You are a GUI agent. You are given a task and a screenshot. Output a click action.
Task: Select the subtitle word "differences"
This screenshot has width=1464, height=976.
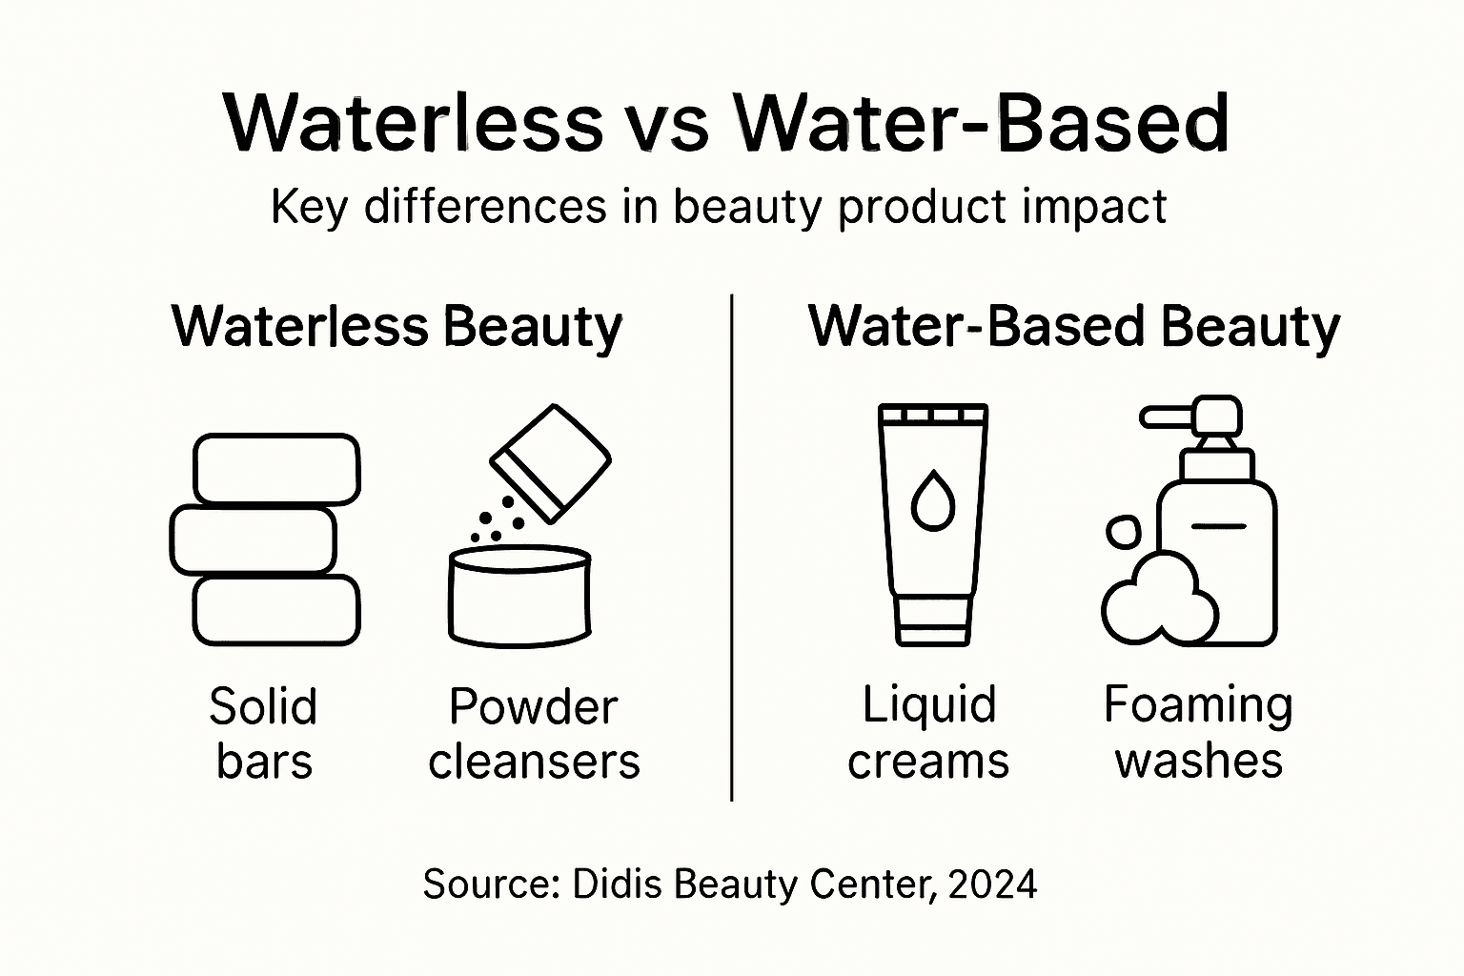485,207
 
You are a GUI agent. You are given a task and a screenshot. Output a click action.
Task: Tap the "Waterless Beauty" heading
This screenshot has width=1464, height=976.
396,327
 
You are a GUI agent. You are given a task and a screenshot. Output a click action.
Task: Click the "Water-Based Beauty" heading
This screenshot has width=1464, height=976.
1074,327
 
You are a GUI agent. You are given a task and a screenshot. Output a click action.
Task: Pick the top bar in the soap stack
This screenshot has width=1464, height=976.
276,469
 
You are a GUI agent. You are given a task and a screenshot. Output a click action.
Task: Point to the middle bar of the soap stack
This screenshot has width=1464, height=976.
253,540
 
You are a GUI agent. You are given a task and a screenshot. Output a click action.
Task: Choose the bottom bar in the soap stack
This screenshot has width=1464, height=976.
276,611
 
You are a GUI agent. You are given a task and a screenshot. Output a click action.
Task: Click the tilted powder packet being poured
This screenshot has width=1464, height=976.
551,463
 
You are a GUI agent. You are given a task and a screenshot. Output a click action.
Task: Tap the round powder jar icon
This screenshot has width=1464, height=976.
519,598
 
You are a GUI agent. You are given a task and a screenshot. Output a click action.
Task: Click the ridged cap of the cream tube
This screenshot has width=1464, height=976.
933,415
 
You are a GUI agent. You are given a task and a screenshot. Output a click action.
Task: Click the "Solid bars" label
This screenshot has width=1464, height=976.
263,734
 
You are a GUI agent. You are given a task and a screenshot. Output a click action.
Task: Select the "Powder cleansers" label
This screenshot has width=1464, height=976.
534,734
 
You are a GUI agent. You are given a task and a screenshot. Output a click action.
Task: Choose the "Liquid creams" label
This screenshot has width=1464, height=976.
928,733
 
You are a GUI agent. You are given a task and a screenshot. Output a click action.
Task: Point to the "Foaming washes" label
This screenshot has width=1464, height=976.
1198,733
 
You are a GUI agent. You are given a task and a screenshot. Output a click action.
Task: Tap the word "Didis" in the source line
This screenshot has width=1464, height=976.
617,884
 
